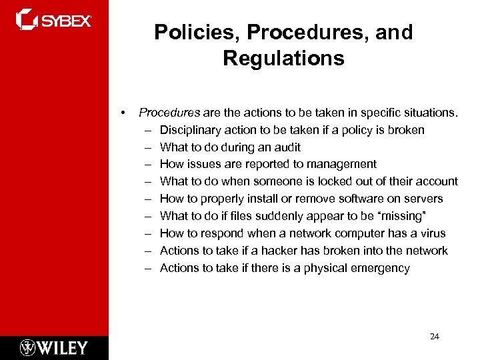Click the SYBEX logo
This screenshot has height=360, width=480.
[x=53, y=20]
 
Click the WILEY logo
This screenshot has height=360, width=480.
[x=54, y=347]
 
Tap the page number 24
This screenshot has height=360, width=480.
[x=435, y=337]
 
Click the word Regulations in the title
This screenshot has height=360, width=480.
[x=283, y=59]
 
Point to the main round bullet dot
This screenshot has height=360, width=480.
[x=123, y=113]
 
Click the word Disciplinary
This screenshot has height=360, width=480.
[x=191, y=130]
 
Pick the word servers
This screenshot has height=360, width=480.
[x=423, y=199]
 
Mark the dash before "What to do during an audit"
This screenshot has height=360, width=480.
[x=145, y=147]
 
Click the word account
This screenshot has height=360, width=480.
[x=437, y=181]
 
